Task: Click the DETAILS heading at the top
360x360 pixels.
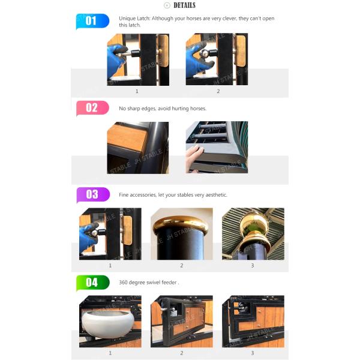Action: (x=184, y=5)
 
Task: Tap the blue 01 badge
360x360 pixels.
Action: (x=92, y=21)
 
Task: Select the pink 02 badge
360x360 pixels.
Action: (x=92, y=108)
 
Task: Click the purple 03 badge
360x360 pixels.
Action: (x=93, y=194)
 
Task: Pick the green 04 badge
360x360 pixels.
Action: (x=93, y=283)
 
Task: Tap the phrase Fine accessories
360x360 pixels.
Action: (x=137, y=195)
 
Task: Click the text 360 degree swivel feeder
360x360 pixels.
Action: (x=148, y=283)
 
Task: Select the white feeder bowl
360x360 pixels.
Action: (x=108, y=321)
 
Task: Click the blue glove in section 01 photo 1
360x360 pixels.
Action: (x=116, y=60)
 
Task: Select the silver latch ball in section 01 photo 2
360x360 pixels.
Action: (x=203, y=53)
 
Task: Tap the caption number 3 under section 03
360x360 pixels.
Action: (x=253, y=266)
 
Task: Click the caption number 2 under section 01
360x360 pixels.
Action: (x=218, y=91)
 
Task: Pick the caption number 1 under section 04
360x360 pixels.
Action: (x=110, y=353)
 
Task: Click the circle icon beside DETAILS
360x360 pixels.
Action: (x=167, y=5)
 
